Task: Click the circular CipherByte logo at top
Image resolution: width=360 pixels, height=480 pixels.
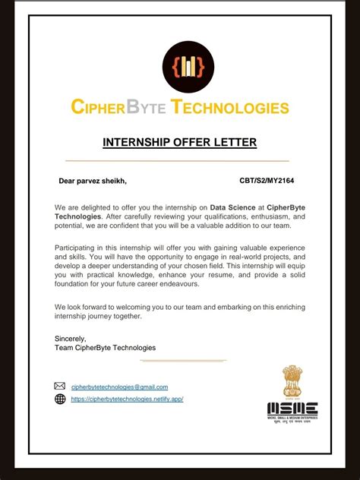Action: [188, 67]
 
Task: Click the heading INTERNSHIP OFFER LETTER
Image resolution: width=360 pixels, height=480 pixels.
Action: [180, 142]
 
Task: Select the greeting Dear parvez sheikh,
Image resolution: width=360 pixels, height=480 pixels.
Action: [93, 181]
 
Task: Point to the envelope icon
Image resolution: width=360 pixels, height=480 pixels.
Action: [60, 387]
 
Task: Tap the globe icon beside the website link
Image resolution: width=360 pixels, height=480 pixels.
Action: [60, 399]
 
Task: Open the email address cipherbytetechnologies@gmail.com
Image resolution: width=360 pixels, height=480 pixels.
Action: [119, 387]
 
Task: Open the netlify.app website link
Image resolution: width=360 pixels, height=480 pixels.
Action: [127, 399]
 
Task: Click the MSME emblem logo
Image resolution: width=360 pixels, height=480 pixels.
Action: [292, 393]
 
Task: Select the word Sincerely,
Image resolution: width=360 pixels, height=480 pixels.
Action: [71, 338]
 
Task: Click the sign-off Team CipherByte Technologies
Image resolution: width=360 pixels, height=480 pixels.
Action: [105, 348]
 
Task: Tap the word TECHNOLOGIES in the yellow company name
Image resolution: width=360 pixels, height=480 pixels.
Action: [231, 107]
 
